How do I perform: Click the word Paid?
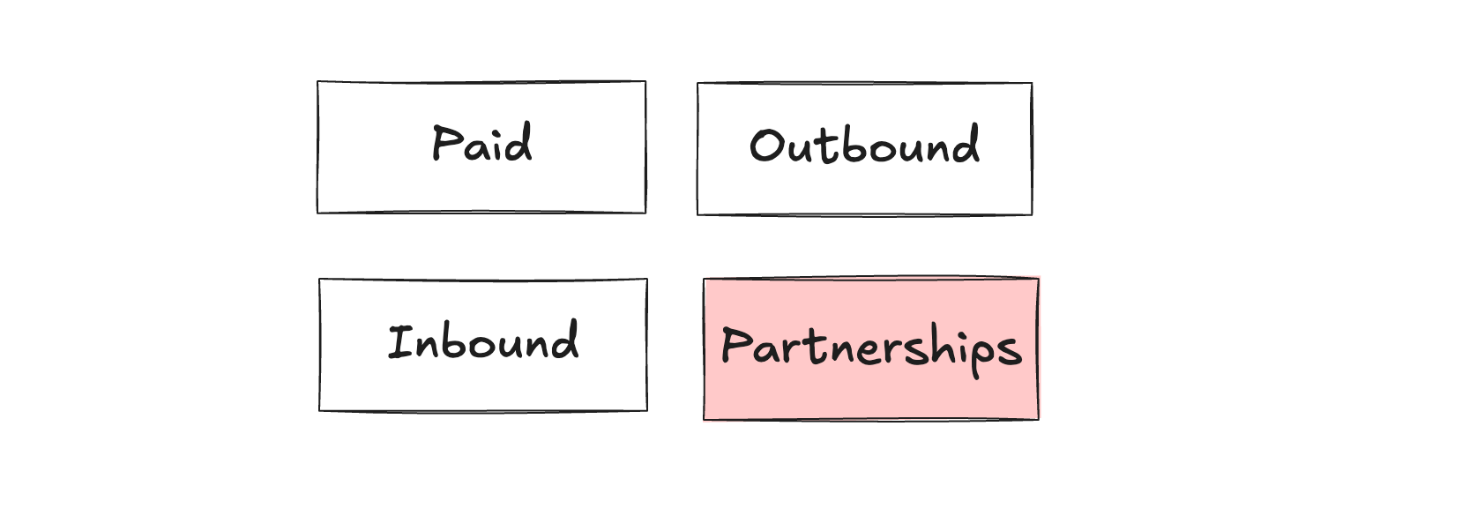pyautogui.click(x=481, y=144)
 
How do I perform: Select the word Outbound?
pyautogui.click(x=864, y=146)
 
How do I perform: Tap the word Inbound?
pyautogui.click(x=483, y=342)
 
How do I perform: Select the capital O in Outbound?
pyautogui.click(x=766, y=146)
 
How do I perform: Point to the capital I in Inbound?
pyautogui.click(x=400, y=342)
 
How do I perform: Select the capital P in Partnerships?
pyautogui.click(x=735, y=345)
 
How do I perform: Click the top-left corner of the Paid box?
pyautogui.click(x=317, y=82)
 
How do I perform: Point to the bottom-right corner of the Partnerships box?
pyautogui.click(x=1038, y=419)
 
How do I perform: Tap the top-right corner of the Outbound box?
pyautogui.click(x=1032, y=84)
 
